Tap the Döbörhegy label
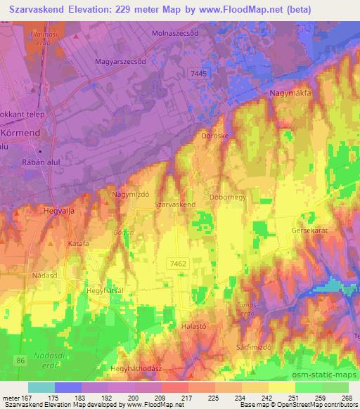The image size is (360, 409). (x=227, y=197)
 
